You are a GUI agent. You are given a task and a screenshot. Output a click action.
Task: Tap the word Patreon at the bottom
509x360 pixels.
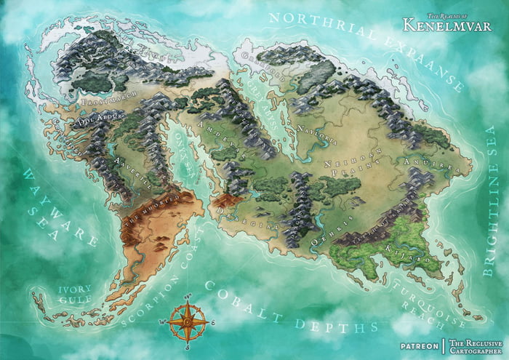[419, 343]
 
